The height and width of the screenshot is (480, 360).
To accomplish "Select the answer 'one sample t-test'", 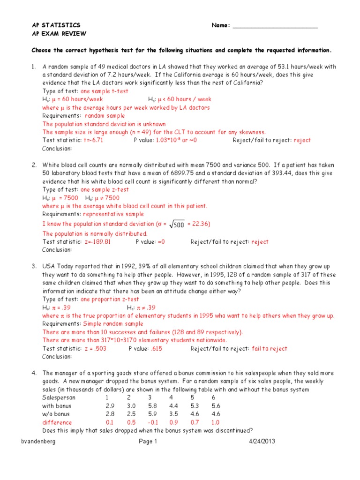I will (105, 91).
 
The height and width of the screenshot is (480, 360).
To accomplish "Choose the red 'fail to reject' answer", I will (270, 349).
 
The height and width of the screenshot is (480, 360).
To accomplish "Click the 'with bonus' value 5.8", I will (151, 406).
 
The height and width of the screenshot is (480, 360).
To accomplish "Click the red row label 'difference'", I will (57, 422).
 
